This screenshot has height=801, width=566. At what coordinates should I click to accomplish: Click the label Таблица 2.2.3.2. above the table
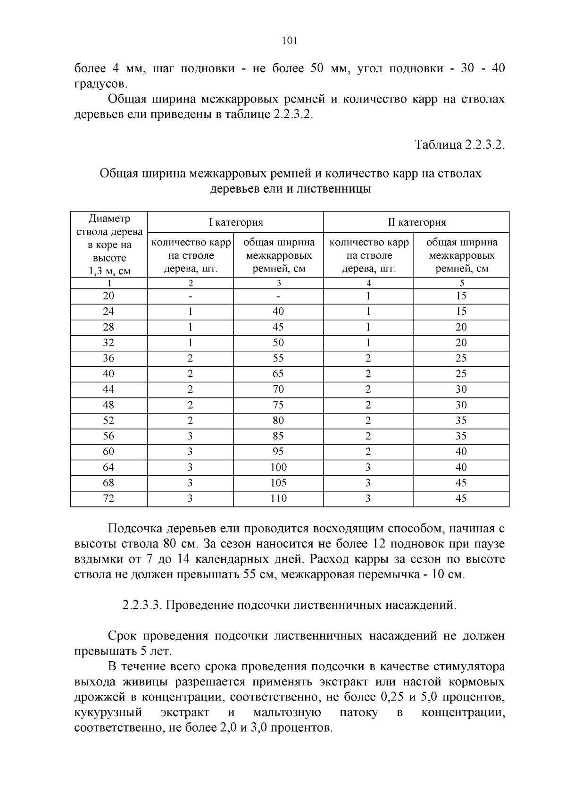(459, 145)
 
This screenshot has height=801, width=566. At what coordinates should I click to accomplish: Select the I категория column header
(236, 222)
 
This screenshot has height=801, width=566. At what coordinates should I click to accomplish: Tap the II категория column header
(416, 222)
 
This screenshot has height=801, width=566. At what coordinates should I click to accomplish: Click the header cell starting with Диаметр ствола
(109, 245)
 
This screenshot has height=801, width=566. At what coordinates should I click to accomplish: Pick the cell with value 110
(278, 498)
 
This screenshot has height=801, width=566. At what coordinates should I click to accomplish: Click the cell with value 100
(278, 467)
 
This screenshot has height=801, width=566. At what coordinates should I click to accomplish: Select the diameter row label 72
(108, 498)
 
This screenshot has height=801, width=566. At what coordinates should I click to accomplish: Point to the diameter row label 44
(108, 389)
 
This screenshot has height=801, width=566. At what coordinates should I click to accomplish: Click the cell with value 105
(278, 483)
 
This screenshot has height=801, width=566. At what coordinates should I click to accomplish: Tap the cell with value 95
(278, 452)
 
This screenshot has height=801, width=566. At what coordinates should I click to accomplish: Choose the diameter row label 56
(108, 436)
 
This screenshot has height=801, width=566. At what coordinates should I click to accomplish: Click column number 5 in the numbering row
(462, 283)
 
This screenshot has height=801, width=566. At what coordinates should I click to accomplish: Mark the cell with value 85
(278, 436)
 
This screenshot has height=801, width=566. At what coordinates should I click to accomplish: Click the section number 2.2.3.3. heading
(143, 605)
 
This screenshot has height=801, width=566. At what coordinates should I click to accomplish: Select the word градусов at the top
(100, 84)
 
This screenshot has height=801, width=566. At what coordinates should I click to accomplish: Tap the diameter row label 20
(108, 296)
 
